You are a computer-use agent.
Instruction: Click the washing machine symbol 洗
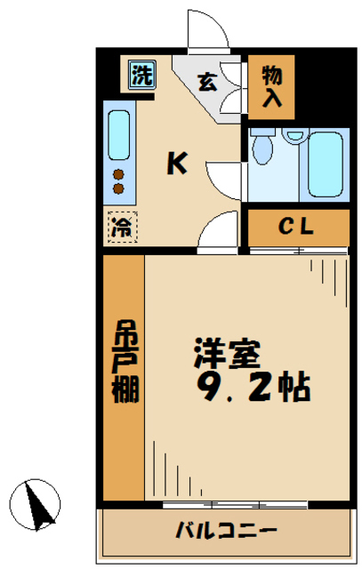pos(141,75)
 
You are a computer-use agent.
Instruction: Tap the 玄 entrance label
pos(206,83)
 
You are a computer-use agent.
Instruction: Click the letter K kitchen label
pos(178,163)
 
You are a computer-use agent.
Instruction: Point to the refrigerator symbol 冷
pos(120,226)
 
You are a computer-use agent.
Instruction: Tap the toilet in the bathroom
pos(261,148)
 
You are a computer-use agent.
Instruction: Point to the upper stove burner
pos(117,174)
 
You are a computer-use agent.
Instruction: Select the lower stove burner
pos(117,188)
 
